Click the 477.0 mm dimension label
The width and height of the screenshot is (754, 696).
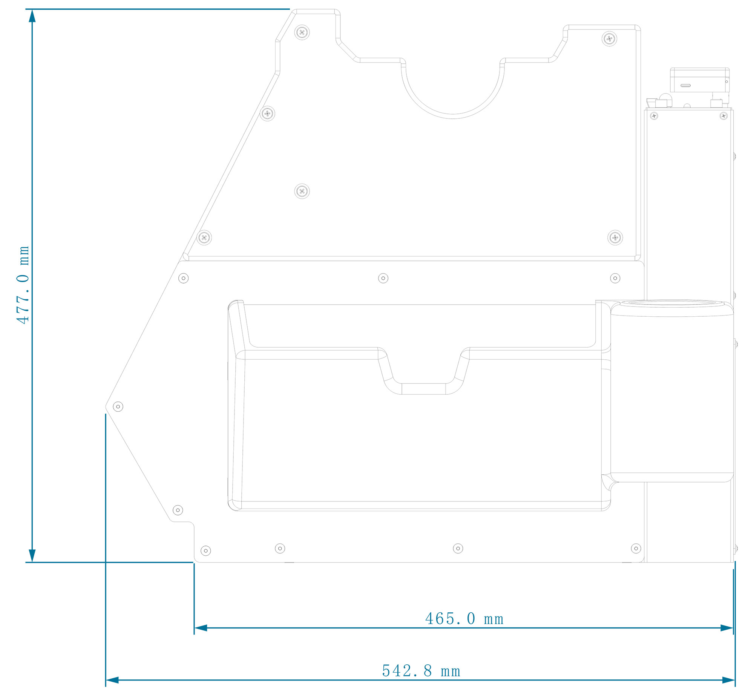(23, 285)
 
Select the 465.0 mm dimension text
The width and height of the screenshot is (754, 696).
(464, 619)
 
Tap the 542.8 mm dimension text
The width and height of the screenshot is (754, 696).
(421, 671)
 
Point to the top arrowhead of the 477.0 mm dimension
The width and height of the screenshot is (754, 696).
(32, 16)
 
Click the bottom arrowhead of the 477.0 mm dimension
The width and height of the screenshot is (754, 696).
(32, 556)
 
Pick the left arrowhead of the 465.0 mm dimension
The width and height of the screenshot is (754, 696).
(201, 628)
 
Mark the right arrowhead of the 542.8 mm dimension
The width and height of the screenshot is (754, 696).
(728, 681)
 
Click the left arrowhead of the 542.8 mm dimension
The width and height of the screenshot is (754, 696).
(112, 681)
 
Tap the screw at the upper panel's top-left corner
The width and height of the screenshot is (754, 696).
(302, 32)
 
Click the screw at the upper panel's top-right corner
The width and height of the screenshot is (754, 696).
(609, 38)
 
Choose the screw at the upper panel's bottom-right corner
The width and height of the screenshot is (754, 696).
(615, 238)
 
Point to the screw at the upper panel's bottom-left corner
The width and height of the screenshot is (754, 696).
(204, 238)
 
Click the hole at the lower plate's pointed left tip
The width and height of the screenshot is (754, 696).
(118, 407)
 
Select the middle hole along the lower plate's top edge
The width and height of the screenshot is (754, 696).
(383, 278)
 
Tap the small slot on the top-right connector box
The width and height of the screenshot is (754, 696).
(685, 86)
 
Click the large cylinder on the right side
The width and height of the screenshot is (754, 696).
(672, 392)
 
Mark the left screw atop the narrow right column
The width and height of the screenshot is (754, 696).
(654, 116)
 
